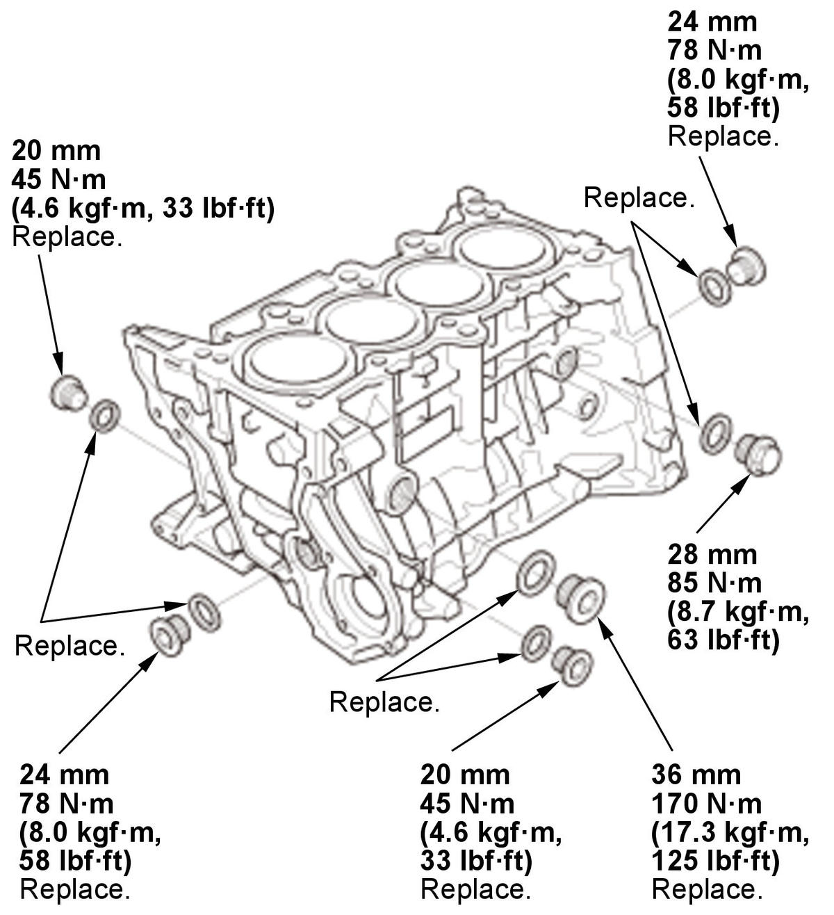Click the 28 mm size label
coord(712,555)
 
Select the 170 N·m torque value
coord(706,804)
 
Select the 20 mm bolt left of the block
coord(69,391)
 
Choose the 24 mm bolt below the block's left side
coord(167,633)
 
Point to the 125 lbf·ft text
coord(716,861)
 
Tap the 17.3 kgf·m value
coord(730,832)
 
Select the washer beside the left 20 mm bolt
coord(105,416)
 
